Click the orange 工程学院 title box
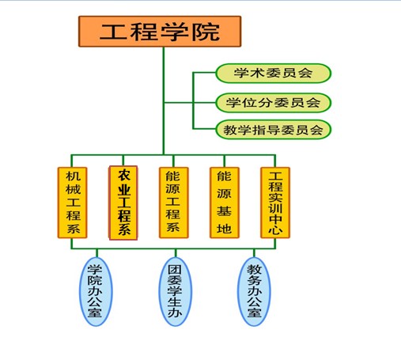pyautogui.click(x=160, y=32)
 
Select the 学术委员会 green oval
pyautogui.click(x=274, y=73)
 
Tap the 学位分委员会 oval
pyautogui.click(x=274, y=103)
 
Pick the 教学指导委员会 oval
pyautogui.click(x=274, y=130)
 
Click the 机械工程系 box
pyautogui.click(x=73, y=203)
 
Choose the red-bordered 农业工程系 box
pyautogui.click(x=123, y=203)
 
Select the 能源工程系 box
pyautogui.click(x=174, y=203)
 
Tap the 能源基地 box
pyautogui.click(x=225, y=203)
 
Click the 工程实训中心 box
pyautogui.click(x=275, y=203)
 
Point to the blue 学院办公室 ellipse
pyautogui.click(x=96, y=291)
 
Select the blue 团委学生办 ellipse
pyautogui.click(x=176, y=291)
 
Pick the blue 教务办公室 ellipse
pyautogui.click(x=254, y=291)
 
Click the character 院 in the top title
pyautogui.click(x=206, y=32)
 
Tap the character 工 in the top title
pyautogui.click(x=113, y=32)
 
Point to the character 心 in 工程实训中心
pyautogui.click(x=275, y=229)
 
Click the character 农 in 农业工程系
pyautogui.click(x=124, y=175)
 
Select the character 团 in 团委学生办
pyautogui.click(x=175, y=270)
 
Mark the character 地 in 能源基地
pyautogui.click(x=224, y=229)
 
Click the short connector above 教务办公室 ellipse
pyautogui.click(x=254, y=253)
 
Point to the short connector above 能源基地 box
pyautogui.click(x=225, y=161)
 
